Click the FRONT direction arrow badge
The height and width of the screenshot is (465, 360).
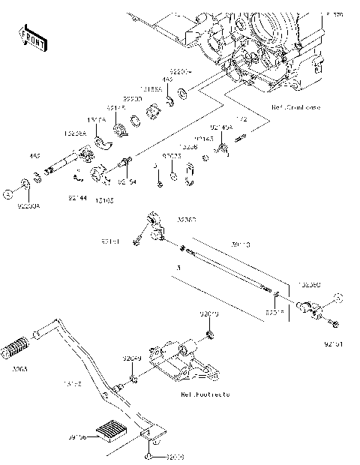click(x=34, y=37)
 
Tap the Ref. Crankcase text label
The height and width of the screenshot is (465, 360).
click(x=295, y=108)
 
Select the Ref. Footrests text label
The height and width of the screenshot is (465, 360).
click(x=205, y=394)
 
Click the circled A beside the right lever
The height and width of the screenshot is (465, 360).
click(x=337, y=297)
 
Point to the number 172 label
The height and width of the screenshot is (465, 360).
click(x=241, y=119)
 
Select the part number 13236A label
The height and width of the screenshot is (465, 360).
click(x=75, y=132)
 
